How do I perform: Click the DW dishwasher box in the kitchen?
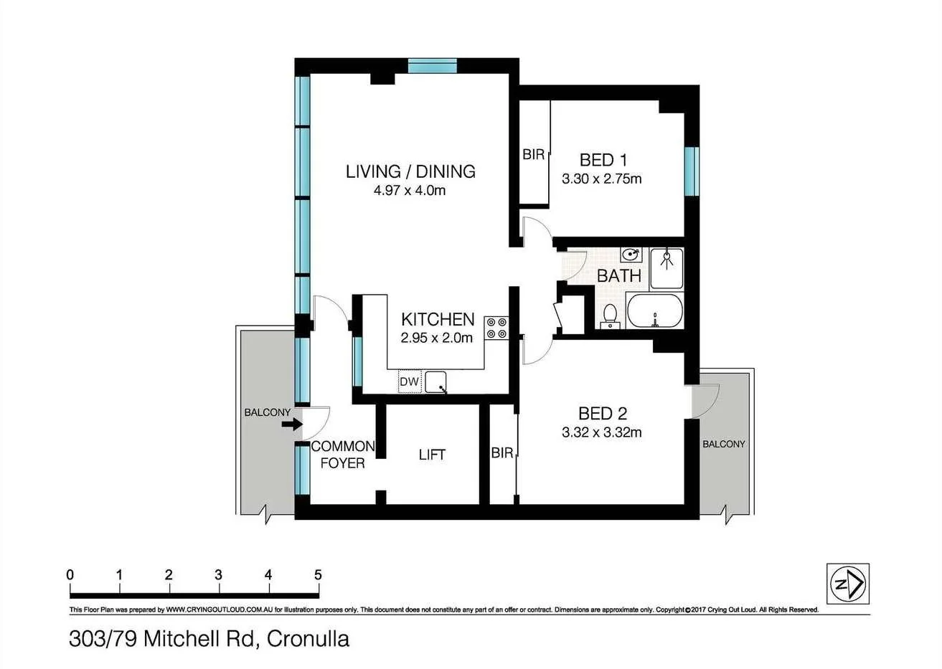click(x=410, y=381)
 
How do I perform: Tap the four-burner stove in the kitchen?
click(x=496, y=328)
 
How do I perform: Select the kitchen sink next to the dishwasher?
click(x=435, y=382)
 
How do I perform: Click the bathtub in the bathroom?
click(x=655, y=311)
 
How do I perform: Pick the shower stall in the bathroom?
click(x=667, y=268)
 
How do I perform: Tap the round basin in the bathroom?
click(x=631, y=255)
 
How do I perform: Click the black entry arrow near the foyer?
click(x=292, y=424)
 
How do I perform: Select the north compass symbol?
click(x=848, y=584)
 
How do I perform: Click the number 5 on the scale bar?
click(x=318, y=574)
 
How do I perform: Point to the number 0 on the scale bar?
click(x=70, y=574)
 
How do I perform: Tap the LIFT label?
click(x=432, y=455)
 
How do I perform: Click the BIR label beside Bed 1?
click(x=534, y=155)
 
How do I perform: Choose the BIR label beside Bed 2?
click(x=502, y=452)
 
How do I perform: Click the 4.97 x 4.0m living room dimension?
click(x=410, y=190)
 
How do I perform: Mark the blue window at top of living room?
click(x=433, y=66)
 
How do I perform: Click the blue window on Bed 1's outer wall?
click(x=692, y=171)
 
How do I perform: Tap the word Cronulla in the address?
click(x=308, y=639)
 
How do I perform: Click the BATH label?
click(x=619, y=276)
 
